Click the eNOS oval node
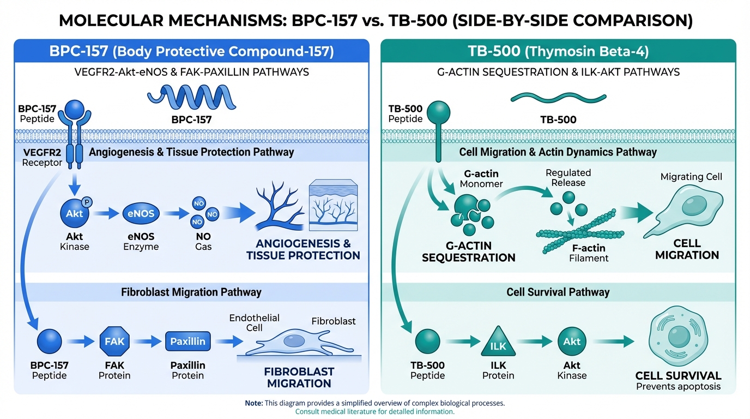141,214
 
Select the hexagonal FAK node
114,342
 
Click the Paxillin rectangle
187,342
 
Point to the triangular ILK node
498,343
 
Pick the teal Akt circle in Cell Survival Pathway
572,342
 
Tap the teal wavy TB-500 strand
551,98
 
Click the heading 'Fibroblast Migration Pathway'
191,292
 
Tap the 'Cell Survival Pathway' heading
558,292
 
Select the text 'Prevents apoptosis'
678,387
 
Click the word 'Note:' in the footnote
253,403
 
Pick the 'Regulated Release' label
568,177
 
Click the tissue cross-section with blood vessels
332,206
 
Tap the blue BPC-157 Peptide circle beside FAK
49,342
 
